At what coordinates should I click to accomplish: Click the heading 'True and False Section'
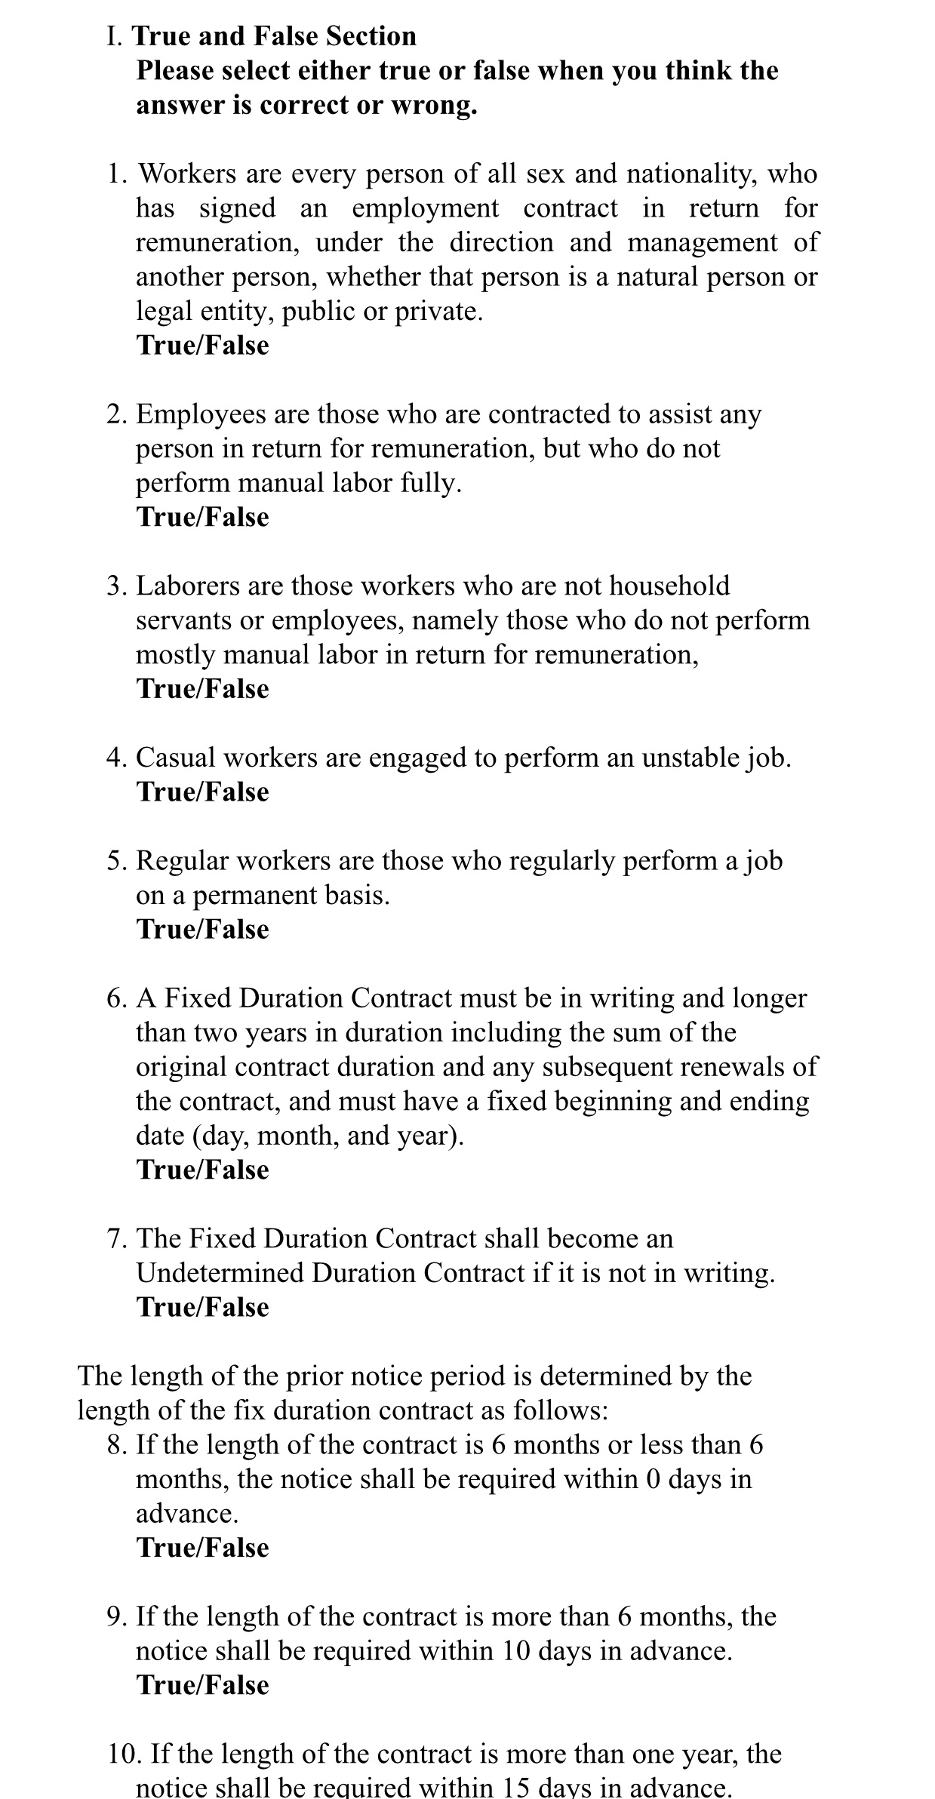coord(274,36)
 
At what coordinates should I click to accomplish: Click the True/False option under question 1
coord(202,346)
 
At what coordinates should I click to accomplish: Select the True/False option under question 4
coord(202,792)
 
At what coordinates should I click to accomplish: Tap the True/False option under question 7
coord(202,1308)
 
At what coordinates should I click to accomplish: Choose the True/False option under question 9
coord(202,1685)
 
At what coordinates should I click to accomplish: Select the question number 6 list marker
coord(116,998)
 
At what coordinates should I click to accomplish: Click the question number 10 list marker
coord(124,1754)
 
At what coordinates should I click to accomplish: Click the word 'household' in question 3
coord(669,586)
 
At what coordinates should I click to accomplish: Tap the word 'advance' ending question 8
coord(185,1513)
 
